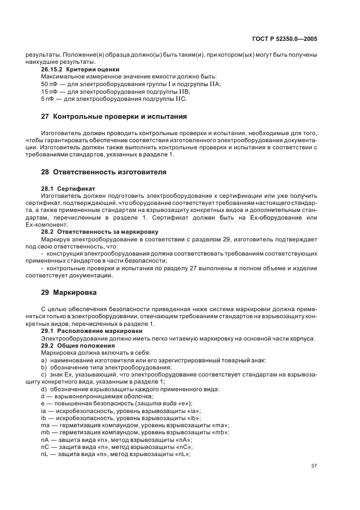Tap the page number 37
(314, 465)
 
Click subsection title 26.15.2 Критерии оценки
(81, 69)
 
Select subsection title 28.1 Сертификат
(64, 188)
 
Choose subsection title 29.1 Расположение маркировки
(92, 331)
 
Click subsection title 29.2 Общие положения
(78, 345)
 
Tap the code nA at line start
(45, 439)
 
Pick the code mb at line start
(45, 432)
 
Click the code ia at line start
(44, 410)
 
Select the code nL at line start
(45, 453)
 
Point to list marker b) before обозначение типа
(44, 367)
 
